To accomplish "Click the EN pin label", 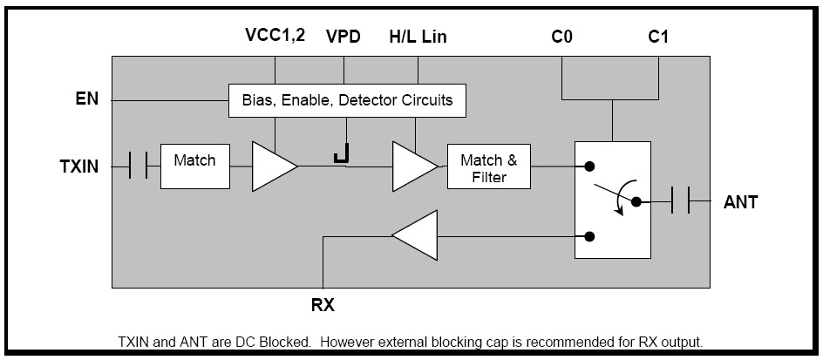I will (x=86, y=99).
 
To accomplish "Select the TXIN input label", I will (x=79, y=166).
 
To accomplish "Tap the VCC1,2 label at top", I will (x=275, y=37).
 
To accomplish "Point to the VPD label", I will (x=344, y=37).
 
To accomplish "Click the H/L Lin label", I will (x=418, y=37).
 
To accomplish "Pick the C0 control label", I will (x=562, y=37).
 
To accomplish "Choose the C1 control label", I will (x=658, y=37).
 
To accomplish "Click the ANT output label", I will (x=741, y=202).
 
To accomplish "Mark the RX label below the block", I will (x=323, y=306).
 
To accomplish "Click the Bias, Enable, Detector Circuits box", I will (x=347, y=100).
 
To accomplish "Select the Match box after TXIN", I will (x=194, y=166).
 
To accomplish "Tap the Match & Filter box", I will (x=488, y=167).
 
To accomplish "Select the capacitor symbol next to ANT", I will (x=680, y=202).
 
